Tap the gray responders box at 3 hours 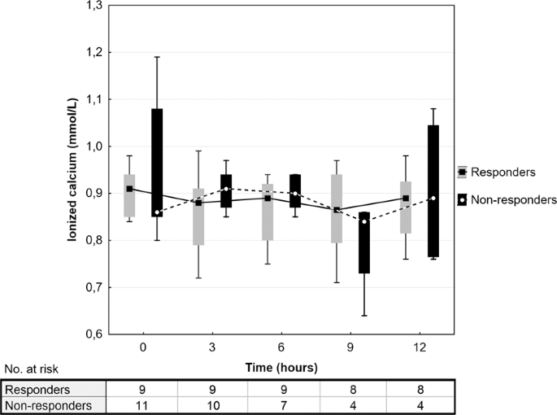coord(198,216)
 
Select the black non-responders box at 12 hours coord(433,191)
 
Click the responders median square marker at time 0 coord(129,189)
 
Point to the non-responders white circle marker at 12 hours coord(433,199)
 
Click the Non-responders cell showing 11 coord(143,404)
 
